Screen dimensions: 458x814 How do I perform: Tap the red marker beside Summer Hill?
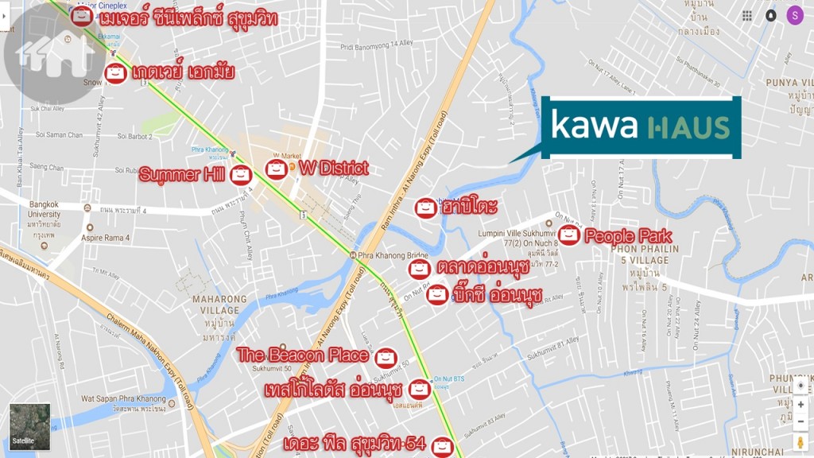coord(240,176)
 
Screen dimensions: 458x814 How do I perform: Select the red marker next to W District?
coord(276,169)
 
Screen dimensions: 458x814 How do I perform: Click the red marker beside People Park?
coord(569,235)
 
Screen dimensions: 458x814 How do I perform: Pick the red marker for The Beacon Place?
coord(386,357)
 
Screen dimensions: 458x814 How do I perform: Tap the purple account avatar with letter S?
coord(795,15)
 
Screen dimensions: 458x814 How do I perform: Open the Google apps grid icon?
coord(747,16)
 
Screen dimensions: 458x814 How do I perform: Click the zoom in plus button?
coord(800,405)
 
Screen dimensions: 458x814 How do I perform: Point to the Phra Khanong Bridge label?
coord(382,255)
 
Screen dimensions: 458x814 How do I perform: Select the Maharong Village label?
coord(216,305)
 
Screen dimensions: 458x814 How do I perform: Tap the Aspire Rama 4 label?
coord(103,238)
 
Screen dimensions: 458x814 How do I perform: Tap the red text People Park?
coord(628,236)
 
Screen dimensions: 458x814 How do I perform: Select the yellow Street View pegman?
coord(800,441)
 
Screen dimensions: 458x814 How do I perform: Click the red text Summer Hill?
coord(182,175)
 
